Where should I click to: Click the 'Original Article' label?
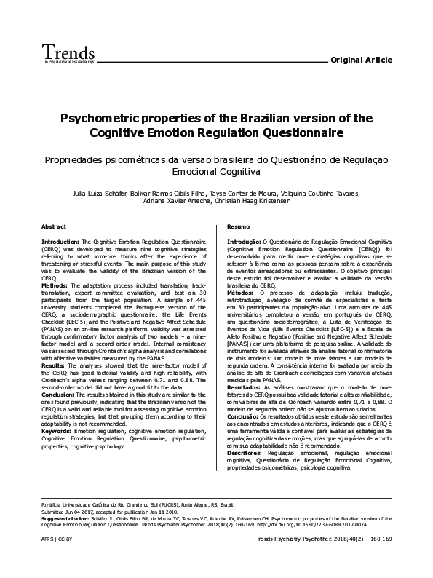click(x=361, y=59)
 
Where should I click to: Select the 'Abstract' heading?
click(x=55, y=227)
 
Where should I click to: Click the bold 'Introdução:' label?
click(x=244, y=240)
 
